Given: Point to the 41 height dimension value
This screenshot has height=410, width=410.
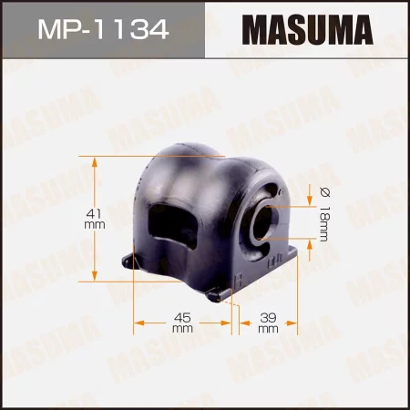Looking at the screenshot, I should click(x=92, y=211).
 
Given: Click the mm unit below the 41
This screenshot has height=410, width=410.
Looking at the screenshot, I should click(x=92, y=224).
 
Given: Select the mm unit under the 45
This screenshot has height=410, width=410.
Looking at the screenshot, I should click(x=182, y=328).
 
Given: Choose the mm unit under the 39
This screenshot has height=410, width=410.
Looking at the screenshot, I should click(x=268, y=328).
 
